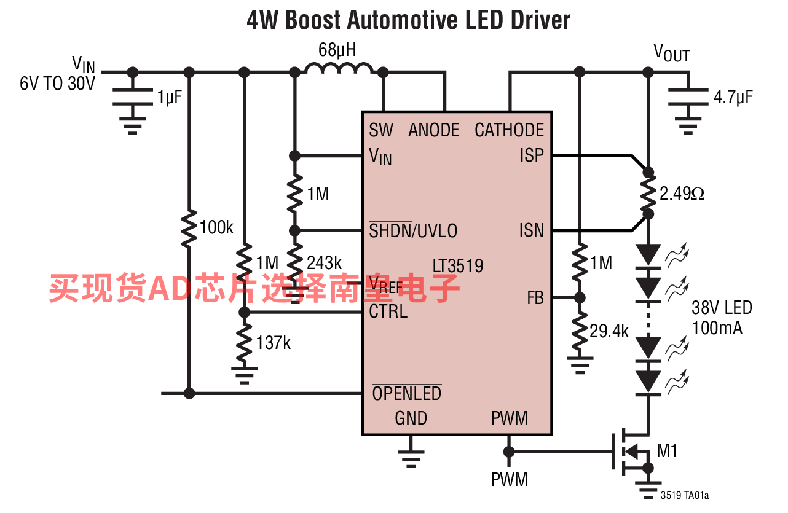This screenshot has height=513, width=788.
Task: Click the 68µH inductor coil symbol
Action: pos(339,68)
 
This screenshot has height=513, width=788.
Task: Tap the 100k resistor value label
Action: pos(216,227)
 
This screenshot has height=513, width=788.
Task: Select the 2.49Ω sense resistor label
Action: pos(682,194)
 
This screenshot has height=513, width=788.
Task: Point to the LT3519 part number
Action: pos(458,266)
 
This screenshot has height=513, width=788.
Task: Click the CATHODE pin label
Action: pos(509,130)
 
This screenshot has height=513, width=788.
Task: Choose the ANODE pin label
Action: pos(433,130)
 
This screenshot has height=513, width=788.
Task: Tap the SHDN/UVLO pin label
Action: pos(413,230)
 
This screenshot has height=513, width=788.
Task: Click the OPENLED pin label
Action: pos(407,393)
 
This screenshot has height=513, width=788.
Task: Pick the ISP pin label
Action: pos(532,155)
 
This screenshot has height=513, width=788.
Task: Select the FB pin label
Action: pos(535,298)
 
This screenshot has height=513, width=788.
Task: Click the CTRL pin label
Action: pos(388,311)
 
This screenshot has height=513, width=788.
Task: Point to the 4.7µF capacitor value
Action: pos(733,98)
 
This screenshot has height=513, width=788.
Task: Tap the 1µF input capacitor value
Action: pos(170,98)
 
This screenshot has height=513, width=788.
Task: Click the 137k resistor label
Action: pos(274,343)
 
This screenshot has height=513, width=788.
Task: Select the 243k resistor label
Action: pos(324,263)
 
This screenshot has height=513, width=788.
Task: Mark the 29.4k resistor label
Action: pos(609,331)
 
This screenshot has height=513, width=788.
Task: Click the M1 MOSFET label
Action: pos(667,451)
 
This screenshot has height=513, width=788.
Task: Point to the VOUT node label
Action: pos(671,53)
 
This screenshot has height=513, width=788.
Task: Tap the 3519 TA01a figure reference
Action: pos(685,495)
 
